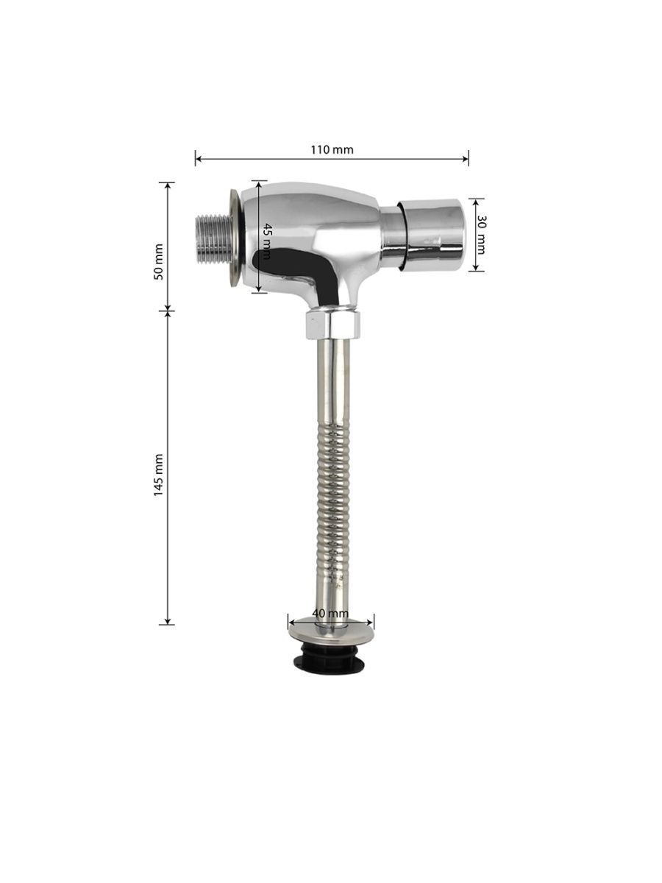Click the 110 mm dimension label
point(332,149)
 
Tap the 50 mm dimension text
point(159,261)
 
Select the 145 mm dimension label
point(159,475)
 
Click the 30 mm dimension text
point(482,235)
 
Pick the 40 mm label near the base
point(330,625)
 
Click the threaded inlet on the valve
point(213,241)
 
